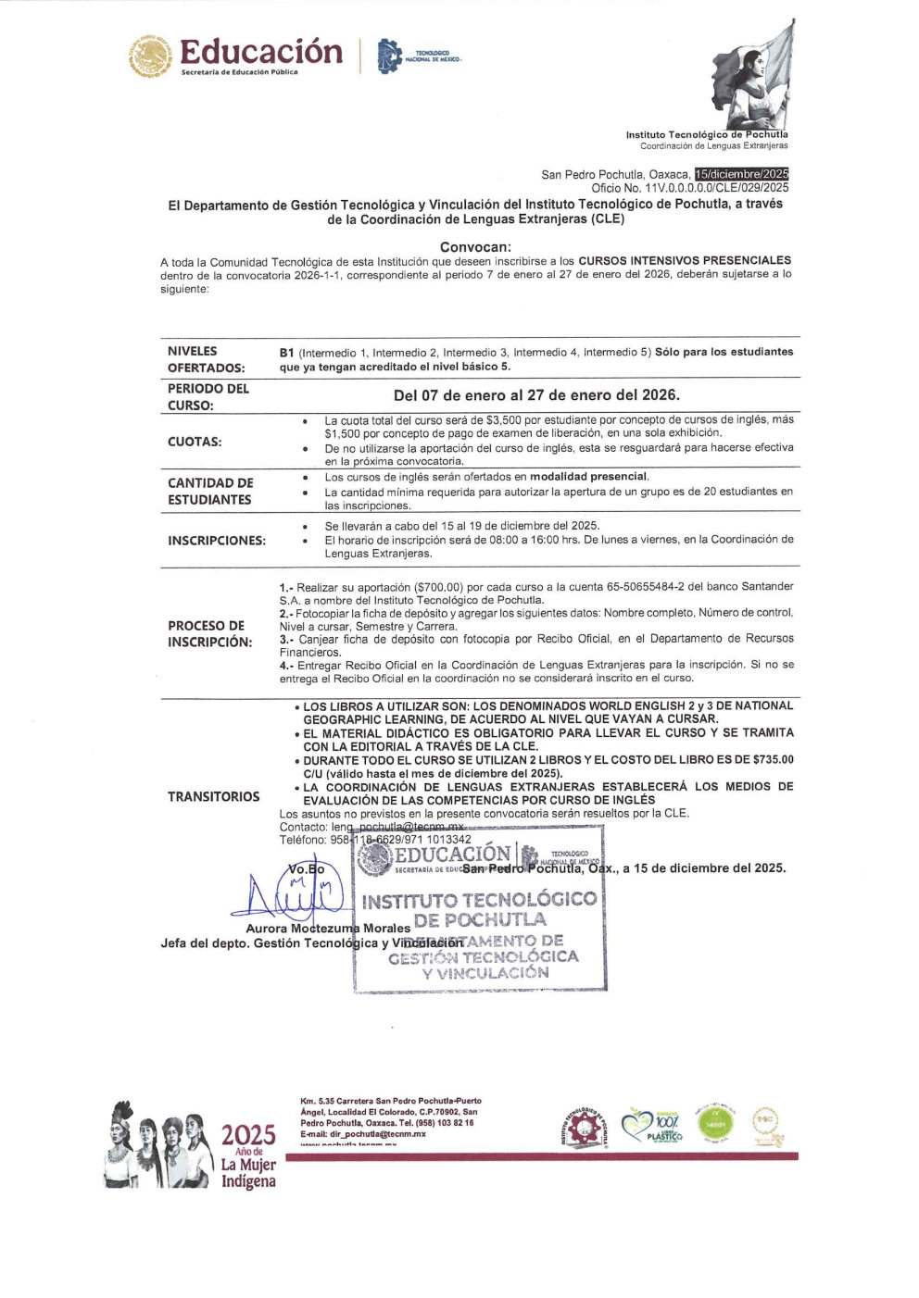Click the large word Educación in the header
click(x=260, y=52)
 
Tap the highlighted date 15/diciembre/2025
click(x=741, y=174)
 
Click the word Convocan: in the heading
click(x=475, y=247)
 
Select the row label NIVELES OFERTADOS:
click(x=206, y=359)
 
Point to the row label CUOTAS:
click(x=195, y=442)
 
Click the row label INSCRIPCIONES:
click(x=216, y=540)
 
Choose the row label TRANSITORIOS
click(x=213, y=796)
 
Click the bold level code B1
click(x=286, y=352)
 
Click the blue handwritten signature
click(x=292, y=893)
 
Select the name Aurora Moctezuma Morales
click(x=328, y=928)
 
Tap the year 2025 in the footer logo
click(x=248, y=1135)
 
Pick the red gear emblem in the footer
click(x=583, y=1129)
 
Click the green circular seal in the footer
click(x=714, y=1124)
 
